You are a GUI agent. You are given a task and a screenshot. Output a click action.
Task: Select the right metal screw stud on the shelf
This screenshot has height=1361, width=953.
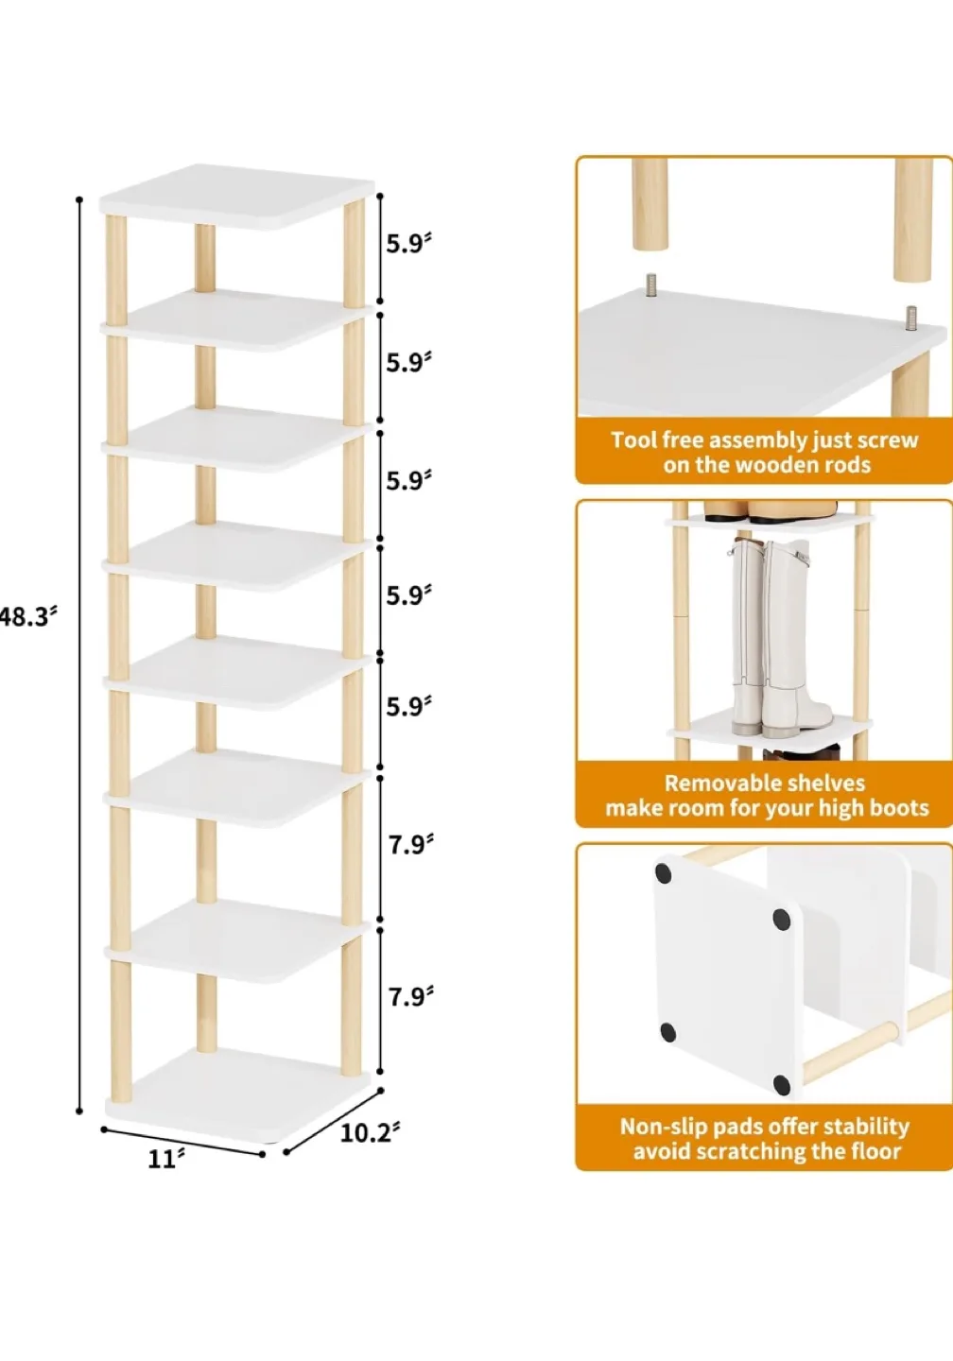910,319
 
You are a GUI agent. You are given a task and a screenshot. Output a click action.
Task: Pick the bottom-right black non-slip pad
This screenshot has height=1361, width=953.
781,1084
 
